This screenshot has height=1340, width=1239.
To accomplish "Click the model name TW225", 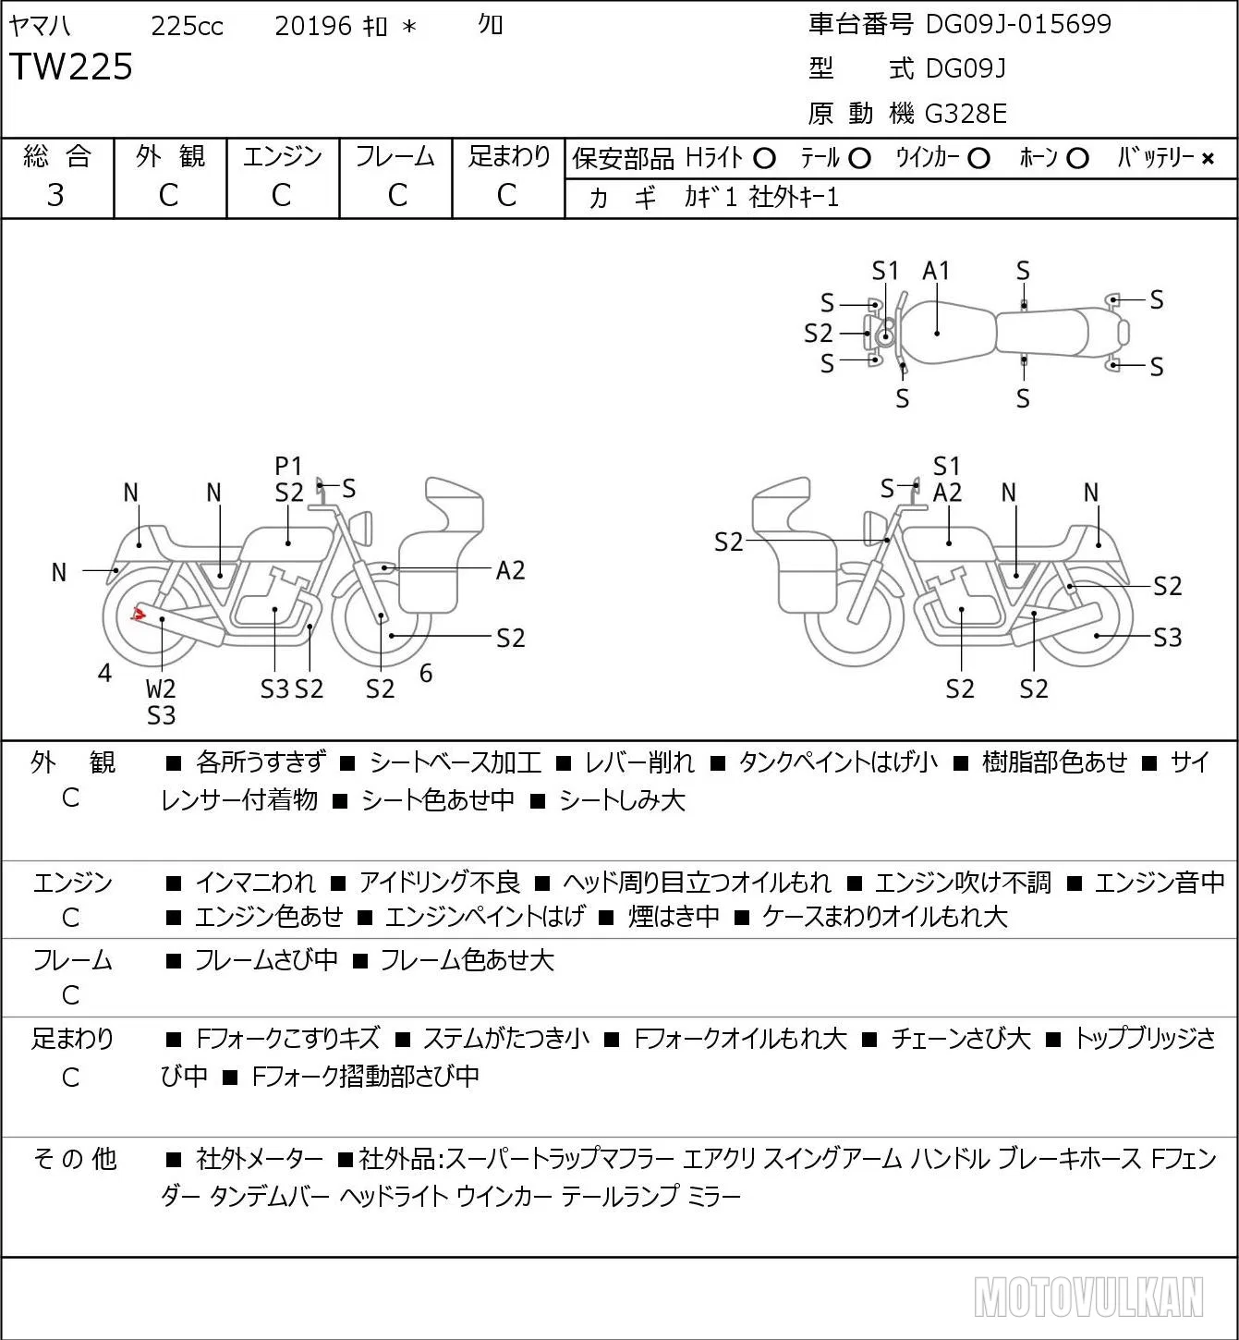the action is pos(71,67).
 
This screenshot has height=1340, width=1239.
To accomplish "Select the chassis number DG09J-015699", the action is pos(1018,24).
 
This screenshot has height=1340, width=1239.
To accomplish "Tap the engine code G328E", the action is pos(966,114).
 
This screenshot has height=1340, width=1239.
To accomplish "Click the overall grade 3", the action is pos(55,195).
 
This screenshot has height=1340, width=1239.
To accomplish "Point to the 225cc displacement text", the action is pos(187,26).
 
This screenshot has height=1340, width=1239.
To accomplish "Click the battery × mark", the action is pos(1208,159).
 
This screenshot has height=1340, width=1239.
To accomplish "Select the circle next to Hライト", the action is pos(764,159).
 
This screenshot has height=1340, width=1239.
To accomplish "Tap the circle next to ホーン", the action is pos(1077,159).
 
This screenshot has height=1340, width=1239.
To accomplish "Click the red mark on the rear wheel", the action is pos(139,614).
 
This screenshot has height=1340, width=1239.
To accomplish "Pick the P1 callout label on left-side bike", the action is pos(288,466).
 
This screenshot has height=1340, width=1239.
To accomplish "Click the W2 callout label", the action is pos(161,688).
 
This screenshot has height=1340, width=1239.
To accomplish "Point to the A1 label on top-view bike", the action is pos(936,271).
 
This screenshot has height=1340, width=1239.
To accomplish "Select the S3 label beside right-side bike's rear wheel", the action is pos(1168,637).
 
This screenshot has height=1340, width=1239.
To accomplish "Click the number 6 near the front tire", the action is pos(426,673).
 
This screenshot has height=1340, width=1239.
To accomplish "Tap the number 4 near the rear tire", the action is pos(104,673).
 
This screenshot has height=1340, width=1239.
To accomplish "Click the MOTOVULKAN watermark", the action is pos(1088,1297).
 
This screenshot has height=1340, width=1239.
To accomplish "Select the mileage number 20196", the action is pos(313,26).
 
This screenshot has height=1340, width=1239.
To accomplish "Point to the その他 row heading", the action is pos(75,1159).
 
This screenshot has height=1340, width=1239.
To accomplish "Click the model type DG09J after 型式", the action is pos(966,68).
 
